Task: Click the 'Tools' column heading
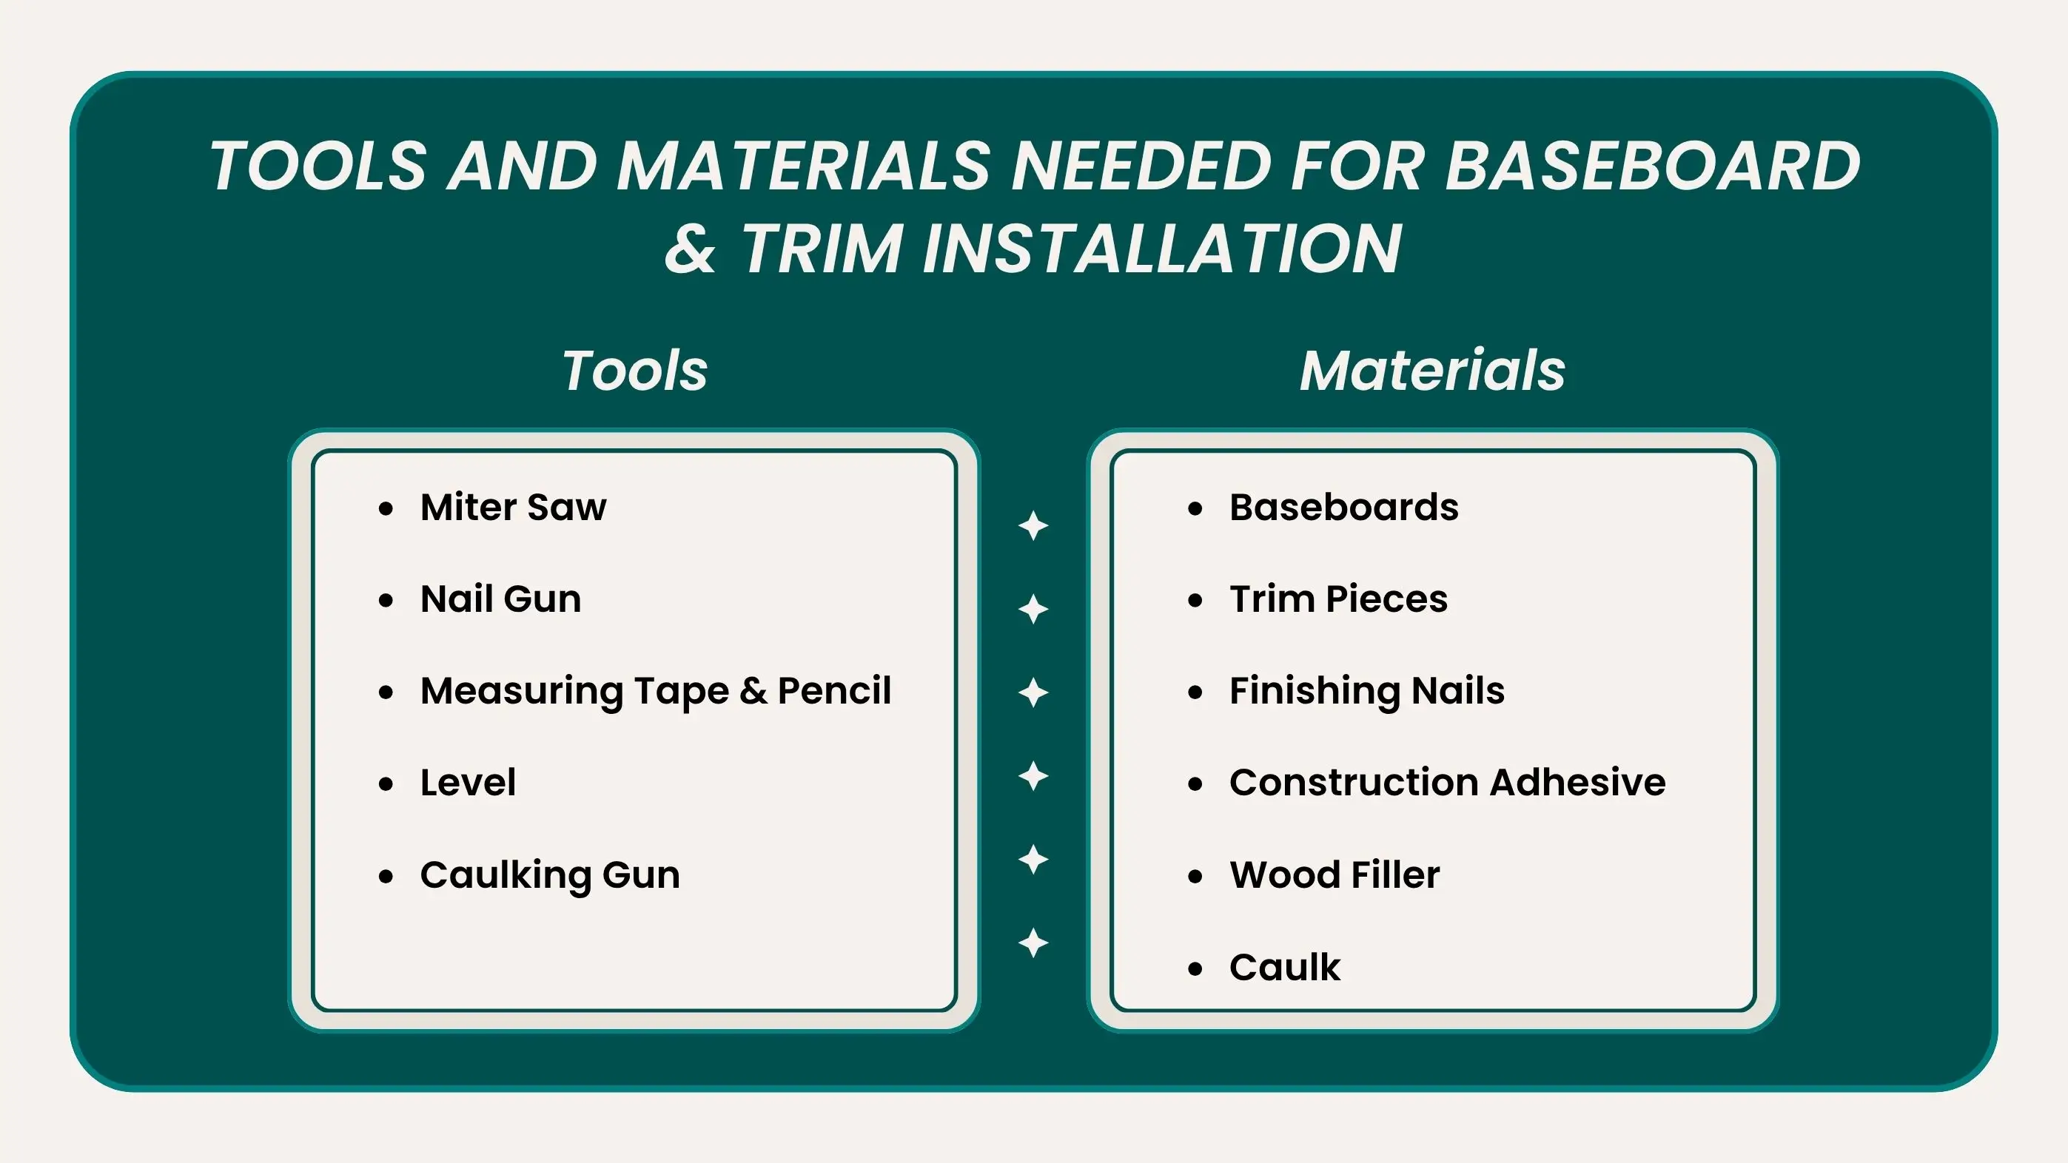(634, 371)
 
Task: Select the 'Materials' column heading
(1432, 371)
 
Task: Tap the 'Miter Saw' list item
(513, 508)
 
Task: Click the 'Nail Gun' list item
(501, 599)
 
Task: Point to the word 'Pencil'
(834, 690)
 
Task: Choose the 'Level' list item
(468, 783)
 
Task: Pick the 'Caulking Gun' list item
(550, 875)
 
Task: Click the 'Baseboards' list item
(1344, 508)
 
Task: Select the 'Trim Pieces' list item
(1338, 599)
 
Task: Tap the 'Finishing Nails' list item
(1367, 691)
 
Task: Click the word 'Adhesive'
(1577, 783)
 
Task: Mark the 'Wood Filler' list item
(1335, 875)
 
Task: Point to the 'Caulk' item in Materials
(1284, 967)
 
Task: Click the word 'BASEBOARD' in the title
(1652, 167)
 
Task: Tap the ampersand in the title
(691, 249)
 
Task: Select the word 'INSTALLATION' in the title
(1070, 249)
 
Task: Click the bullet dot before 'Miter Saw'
(386, 508)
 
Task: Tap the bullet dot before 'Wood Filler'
(1195, 876)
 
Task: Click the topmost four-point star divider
(1033, 526)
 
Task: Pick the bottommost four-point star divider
(1033, 943)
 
